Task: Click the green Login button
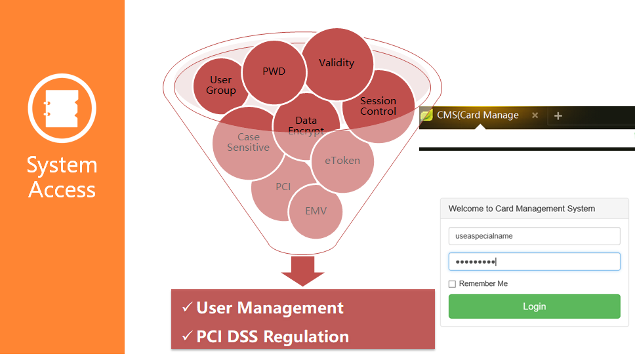click(x=534, y=306)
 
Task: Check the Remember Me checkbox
click(x=452, y=284)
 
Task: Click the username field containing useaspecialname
click(x=534, y=236)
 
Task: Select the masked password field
click(x=534, y=262)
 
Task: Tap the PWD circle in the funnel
click(x=274, y=71)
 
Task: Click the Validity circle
click(x=337, y=63)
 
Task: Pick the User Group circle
click(x=220, y=85)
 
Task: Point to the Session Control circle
click(x=379, y=106)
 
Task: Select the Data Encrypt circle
click(x=306, y=125)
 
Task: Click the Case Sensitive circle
click(x=248, y=142)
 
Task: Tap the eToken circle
click(x=343, y=161)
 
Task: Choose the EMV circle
click(x=316, y=211)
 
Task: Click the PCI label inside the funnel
click(x=283, y=187)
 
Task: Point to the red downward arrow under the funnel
click(x=302, y=271)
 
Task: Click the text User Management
click(x=270, y=308)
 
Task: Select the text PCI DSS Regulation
click(x=272, y=337)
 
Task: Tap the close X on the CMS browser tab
click(x=535, y=115)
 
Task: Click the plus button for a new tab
click(x=558, y=116)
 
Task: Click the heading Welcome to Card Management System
click(x=522, y=209)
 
